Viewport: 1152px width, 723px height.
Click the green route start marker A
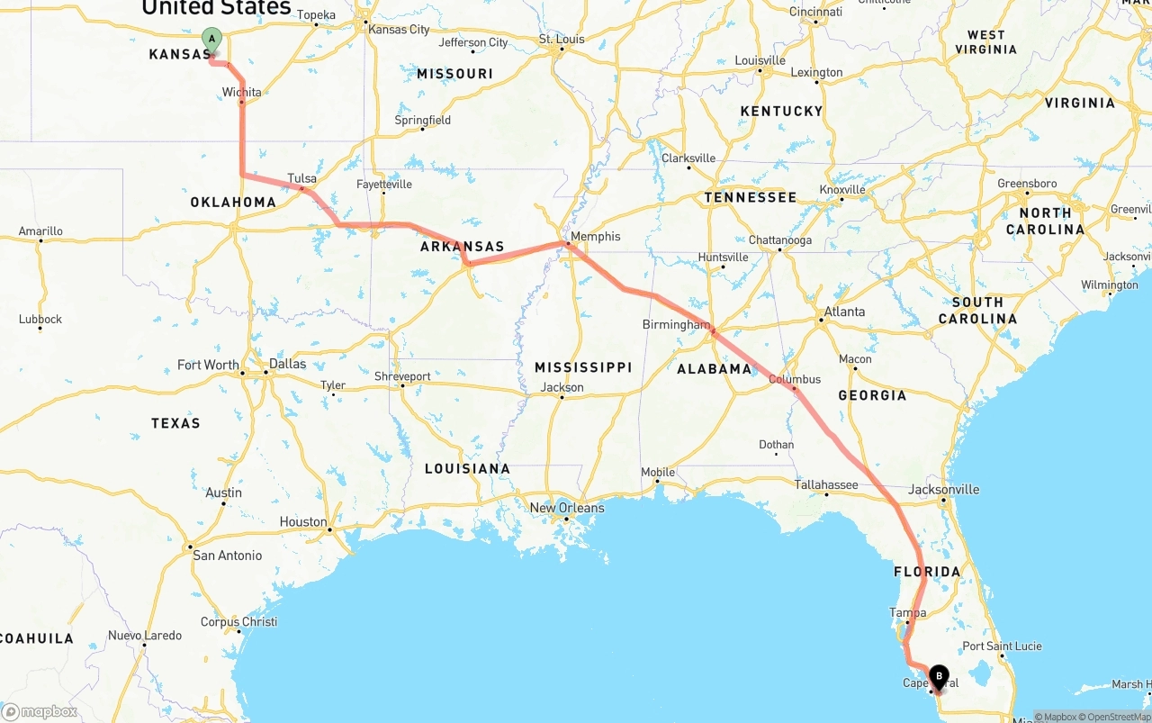pos(211,40)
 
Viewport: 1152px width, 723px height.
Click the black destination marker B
pos(939,676)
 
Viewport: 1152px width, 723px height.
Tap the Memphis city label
pos(595,236)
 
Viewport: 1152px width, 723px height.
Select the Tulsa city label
pos(302,178)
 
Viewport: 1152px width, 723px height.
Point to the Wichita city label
pos(242,92)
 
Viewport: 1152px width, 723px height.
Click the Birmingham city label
pos(676,324)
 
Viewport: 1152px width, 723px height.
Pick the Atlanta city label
pos(844,312)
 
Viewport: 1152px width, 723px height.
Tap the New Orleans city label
pos(567,508)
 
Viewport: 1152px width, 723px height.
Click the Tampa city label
pos(907,612)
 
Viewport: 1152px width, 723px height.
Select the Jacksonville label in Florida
pos(944,490)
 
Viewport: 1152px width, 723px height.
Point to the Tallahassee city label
pos(825,484)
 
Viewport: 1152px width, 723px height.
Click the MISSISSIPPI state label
pos(583,367)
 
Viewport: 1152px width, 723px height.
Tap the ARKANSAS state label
pos(462,247)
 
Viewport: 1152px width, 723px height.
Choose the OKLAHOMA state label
pos(233,202)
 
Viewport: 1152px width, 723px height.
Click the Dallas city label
pos(287,364)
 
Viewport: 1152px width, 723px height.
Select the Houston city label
pos(303,521)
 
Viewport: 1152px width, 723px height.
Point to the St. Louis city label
pos(562,39)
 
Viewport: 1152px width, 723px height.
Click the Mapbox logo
pos(40,711)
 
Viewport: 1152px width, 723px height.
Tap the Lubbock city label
pos(40,319)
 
